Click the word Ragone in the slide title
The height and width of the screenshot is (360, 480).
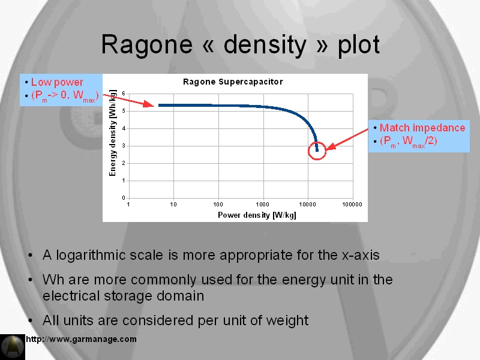click(x=146, y=45)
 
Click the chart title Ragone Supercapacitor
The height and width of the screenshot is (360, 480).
click(x=233, y=82)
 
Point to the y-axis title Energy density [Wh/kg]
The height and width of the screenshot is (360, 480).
click(x=113, y=133)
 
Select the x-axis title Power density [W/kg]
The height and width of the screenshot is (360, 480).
click(x=257, y=215)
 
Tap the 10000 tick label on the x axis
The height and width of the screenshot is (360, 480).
click(x=307, y=205)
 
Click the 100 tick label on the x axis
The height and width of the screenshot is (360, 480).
click(x=218, y=205)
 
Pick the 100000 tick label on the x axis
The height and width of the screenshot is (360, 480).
click(x=352, y=205)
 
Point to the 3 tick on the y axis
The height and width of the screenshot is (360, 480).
click(x=124, y=146)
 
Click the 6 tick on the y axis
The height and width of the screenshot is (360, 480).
click(x=124, y=94)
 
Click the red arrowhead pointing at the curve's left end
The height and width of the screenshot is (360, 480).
click(x=149, y=104)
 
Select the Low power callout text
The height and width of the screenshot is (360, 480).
click(x=57, y=82)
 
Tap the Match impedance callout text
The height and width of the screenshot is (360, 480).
click(x=422, y=128)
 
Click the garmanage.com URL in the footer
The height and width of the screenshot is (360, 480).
click(x=81, y=339)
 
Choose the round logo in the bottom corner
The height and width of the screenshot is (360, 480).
click(x=13, y=347)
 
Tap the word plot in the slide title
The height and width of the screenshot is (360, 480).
click(x=358, y=45)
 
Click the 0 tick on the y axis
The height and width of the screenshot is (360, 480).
click(x=124, y=198)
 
